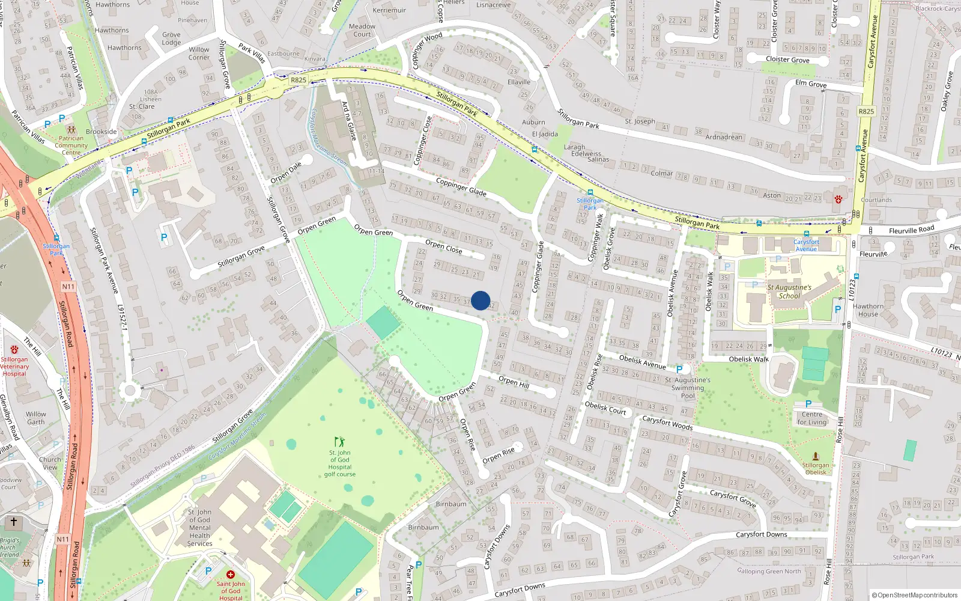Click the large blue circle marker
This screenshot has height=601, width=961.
click(x=480, y=300)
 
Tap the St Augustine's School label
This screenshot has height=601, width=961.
click(x=789, y=291)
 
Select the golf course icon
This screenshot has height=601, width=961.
click(x=340, y=442)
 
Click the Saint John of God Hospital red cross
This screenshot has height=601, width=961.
click(x=230, y=575)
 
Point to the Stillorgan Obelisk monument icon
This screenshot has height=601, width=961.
click(x=815, y=457)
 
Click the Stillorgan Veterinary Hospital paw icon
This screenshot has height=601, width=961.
click(x=14, y=349)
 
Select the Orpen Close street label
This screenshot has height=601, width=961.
click(x=444, y=246)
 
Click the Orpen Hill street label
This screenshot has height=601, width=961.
click(x=514, y=382)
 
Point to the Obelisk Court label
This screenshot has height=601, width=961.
click(x=605, y=408)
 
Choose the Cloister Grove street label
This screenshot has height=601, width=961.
click(x=787, y=59)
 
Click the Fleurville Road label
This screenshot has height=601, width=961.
click(x=911, y=230)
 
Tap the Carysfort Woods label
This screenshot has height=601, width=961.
click(x=667, y=423)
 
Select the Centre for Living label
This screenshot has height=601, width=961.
click(x=812, y=418)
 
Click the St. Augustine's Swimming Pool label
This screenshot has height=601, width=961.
click(x=688, y=388)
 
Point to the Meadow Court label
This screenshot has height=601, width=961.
click(x=362, y=30)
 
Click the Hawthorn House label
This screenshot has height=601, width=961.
click(x=868, y=310)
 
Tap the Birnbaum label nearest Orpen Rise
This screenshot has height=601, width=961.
click(x=451, y=504)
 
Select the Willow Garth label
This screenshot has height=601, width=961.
click(x=36, y=418)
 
